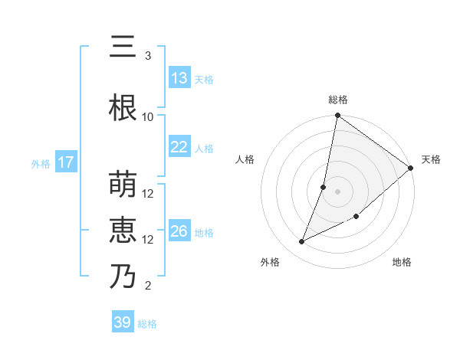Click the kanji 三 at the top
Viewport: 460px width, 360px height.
pos(123,47)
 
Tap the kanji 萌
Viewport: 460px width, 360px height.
pos(123,185)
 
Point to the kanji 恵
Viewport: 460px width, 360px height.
pos(123,231)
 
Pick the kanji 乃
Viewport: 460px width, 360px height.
pos(123,277)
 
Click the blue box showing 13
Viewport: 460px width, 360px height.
pos(179,78)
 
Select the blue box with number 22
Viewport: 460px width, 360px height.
pos(179,148)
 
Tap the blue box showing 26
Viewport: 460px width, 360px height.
pos(179,231)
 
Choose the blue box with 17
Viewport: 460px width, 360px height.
pos(65,162)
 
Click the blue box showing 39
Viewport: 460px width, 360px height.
pos(123,322)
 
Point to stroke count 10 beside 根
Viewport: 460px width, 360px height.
pos(148,116)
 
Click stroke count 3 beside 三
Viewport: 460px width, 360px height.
pos(148,56)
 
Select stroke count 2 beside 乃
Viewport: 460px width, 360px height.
pos(148,286)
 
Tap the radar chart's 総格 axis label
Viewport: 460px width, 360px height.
pos(338,100)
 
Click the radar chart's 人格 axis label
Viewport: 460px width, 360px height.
pos(245,159)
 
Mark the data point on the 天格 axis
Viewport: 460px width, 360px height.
pos(411,169)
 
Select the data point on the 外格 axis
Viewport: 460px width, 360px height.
pos(302,242)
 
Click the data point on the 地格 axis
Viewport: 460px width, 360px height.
pos(356,217)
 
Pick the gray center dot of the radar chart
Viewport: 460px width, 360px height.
pos(338,191)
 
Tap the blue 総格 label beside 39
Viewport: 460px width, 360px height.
pos(147,324)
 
